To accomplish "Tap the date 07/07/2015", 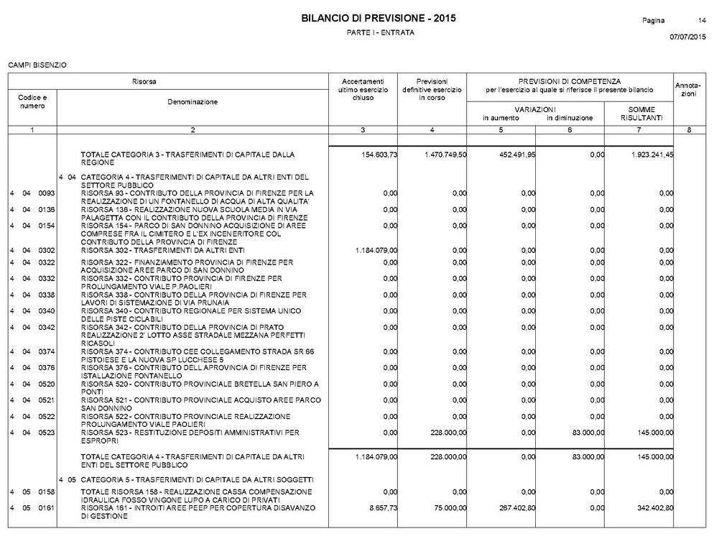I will coord(687,37).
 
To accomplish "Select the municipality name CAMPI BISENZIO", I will coord(37,65).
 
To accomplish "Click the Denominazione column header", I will coord(192,102).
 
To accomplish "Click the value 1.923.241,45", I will coord(649,155).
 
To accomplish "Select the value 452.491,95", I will coord(511,155).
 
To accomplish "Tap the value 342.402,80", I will coord(649,507).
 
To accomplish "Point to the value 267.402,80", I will coord(511,507).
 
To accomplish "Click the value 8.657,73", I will coord(380,507).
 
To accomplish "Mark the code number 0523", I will coord(47,433).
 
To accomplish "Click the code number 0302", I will coord(47,250).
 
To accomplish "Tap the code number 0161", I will coord(47,507).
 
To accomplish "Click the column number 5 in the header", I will coord(501,129).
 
